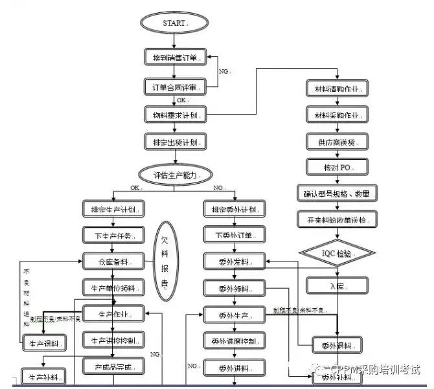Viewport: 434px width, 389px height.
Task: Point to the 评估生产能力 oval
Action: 175,173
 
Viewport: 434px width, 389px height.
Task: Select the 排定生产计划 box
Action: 113,209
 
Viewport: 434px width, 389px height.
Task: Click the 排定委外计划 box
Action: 234,209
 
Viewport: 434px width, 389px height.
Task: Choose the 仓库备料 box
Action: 113,261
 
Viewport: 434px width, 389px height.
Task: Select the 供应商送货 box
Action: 336,140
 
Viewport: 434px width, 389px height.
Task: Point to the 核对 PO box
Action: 336,167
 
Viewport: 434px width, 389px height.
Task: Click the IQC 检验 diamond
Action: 337,253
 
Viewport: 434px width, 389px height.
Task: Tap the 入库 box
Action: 336,284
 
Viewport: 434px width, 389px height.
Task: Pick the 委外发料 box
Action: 234,261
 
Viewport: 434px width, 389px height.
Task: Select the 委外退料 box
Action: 337,344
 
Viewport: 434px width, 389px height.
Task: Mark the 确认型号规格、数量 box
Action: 336,193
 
